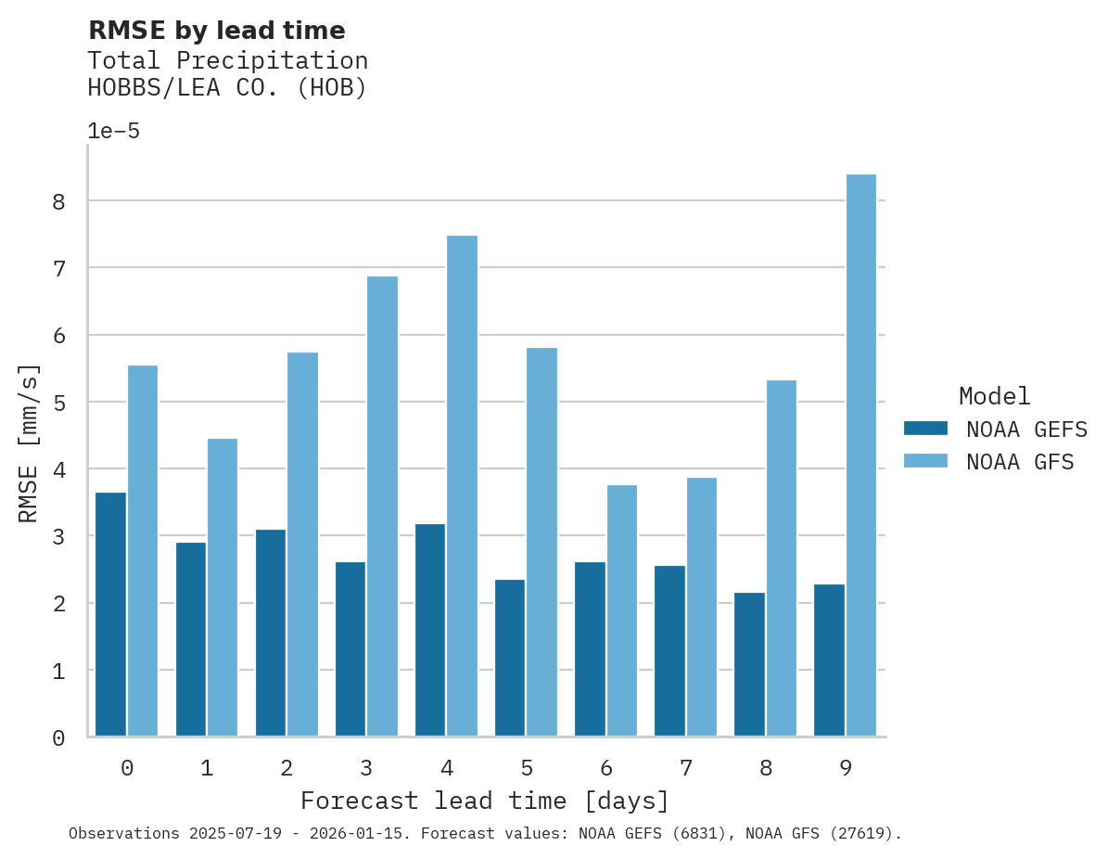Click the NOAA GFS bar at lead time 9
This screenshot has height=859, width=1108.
861,455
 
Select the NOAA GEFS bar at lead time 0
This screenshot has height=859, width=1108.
110,614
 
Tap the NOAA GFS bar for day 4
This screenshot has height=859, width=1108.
462,486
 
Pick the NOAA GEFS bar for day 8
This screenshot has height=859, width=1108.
749,664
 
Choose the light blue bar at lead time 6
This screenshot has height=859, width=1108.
622,610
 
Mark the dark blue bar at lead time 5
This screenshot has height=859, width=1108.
510,658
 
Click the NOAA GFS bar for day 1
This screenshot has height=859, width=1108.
223,587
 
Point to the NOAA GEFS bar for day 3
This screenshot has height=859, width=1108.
350,648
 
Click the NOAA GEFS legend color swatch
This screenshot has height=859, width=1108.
925,429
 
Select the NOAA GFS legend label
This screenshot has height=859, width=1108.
1020,462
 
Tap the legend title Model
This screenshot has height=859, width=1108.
994,396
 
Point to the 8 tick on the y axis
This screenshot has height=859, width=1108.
58,201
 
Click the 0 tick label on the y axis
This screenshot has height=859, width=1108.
58,738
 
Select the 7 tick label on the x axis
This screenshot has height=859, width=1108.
686,768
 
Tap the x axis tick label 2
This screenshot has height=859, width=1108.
287,768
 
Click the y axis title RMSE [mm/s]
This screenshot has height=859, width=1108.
30,442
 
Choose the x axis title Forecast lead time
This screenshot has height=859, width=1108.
484,801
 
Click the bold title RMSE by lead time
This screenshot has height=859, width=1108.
216,31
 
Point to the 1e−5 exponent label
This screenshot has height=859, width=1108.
113,131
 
